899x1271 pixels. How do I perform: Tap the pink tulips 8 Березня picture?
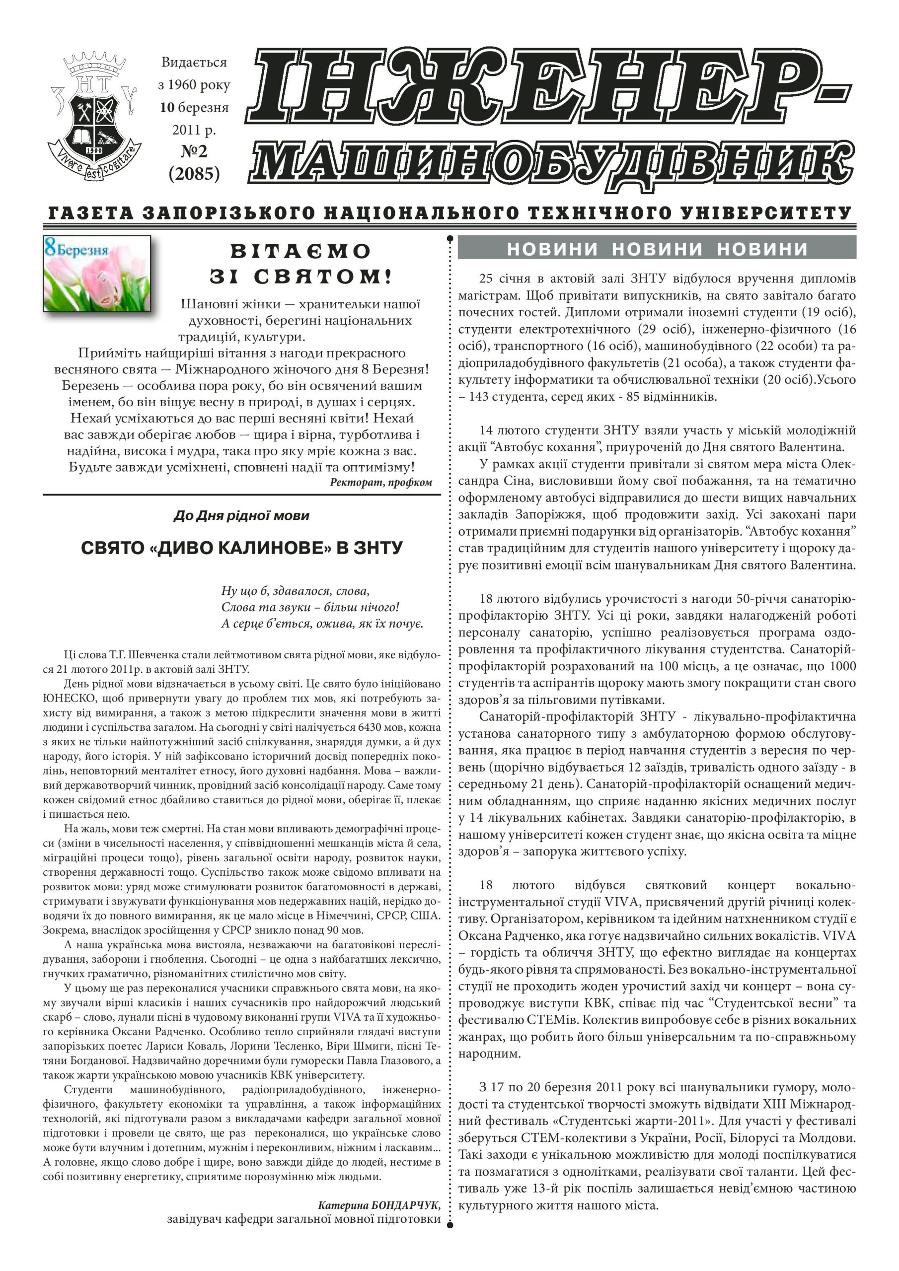point(97,274)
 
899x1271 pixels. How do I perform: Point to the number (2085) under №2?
point(194,173)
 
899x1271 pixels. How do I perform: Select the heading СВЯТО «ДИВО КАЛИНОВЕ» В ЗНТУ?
point(241,548)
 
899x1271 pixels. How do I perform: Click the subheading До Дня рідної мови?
point(241,516)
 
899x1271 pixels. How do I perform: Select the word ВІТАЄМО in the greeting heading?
point(300,251)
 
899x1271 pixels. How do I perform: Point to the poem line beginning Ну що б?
point(295,590)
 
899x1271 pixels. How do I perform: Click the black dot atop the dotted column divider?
point(450,239)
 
